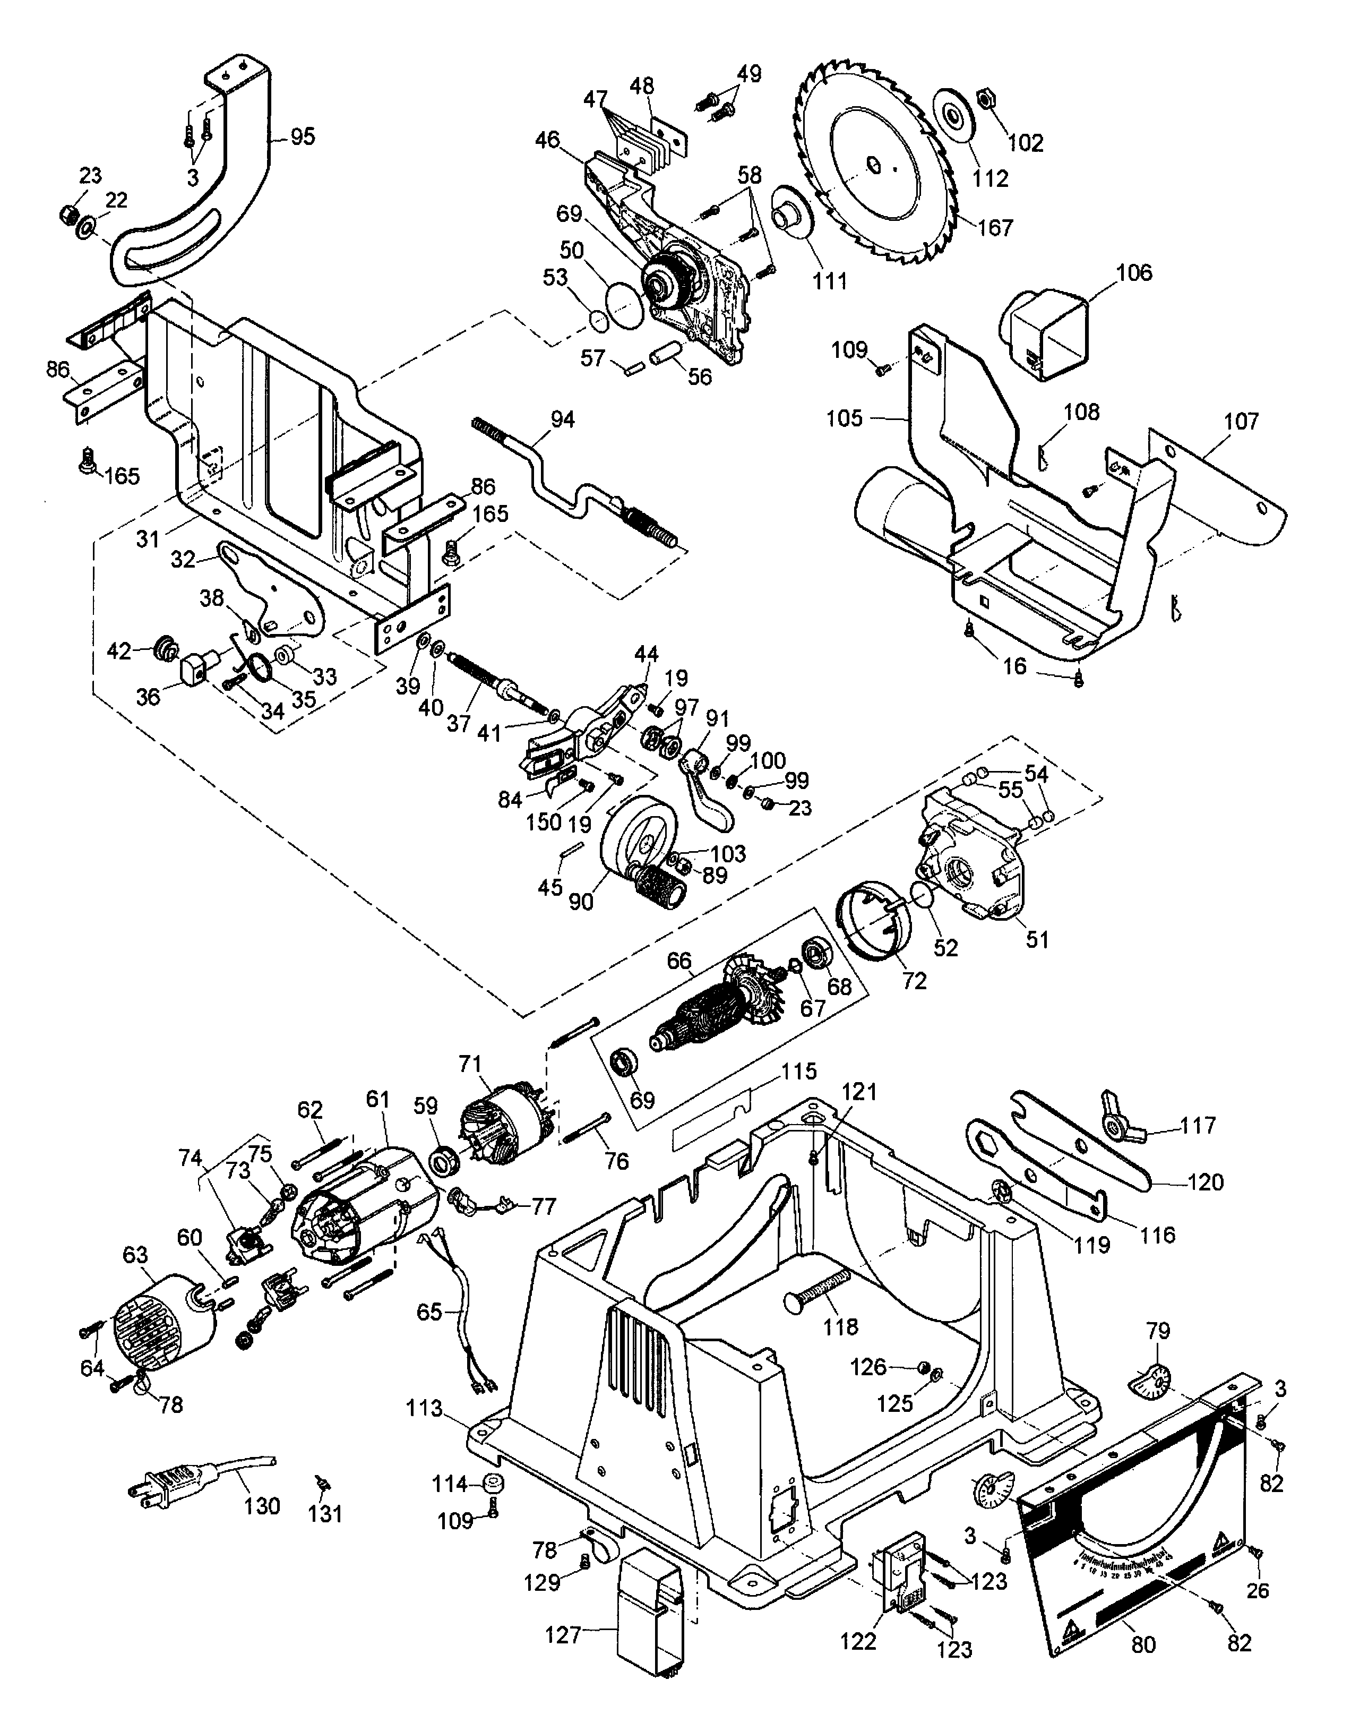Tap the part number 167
click(x=995, y=227)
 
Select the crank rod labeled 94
click(x=570, y=483)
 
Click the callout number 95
click(x=302, y=137)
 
